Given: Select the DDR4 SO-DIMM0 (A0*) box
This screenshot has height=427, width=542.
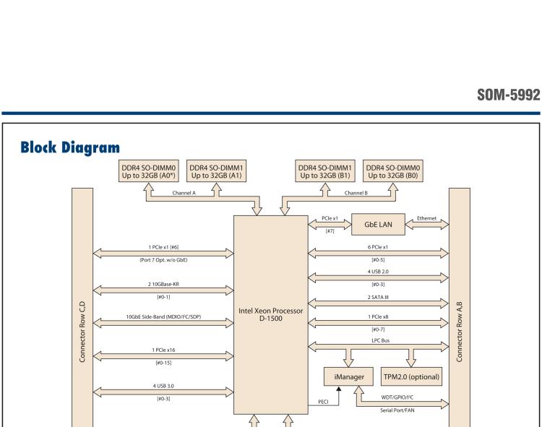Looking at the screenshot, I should click(147, 172).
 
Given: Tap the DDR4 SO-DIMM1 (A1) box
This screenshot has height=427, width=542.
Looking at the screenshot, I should click(215, 172).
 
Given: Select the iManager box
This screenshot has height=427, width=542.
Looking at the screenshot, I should click(349, 376).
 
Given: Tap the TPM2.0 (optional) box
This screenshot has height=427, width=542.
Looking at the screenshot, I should click(410, 376).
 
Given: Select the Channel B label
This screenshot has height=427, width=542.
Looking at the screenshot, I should click(356, 193).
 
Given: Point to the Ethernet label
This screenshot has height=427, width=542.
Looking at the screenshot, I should click(426, 218).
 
